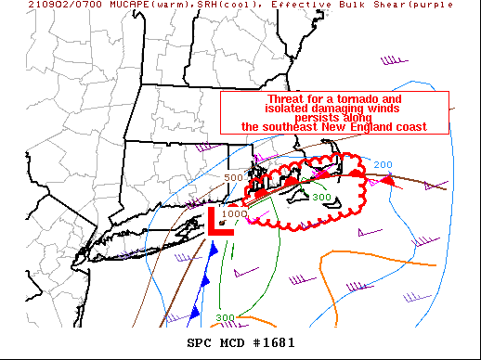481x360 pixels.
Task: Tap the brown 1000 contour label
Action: [235, 213]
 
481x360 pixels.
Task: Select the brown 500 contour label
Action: [232, 177]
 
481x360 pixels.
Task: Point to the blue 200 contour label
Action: [383, 165]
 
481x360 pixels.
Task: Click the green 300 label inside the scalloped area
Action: [321, 197]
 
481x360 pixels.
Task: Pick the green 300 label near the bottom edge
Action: [226, 317]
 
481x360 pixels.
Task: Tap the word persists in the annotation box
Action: [334, 118]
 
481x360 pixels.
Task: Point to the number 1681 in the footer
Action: [278, 342]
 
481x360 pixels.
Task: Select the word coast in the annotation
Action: [410, 127]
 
